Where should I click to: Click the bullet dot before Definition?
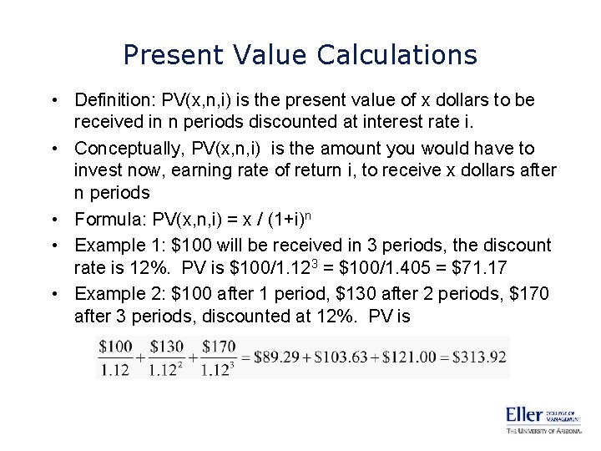point(53,100)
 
